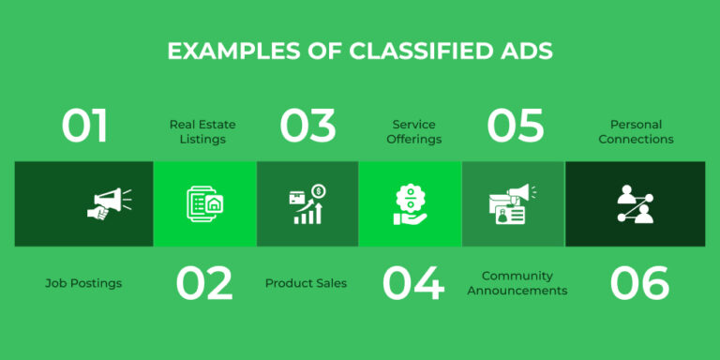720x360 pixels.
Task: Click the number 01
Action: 85,127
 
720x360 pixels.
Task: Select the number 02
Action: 203,283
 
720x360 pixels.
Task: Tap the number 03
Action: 308,127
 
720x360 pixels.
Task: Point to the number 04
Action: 413,283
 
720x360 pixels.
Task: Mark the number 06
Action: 640,283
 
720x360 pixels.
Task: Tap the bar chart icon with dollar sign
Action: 308,204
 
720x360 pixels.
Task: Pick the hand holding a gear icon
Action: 411,204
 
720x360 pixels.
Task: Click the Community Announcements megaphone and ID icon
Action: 513,204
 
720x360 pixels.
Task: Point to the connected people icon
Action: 635,204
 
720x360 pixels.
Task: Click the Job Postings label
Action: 83,283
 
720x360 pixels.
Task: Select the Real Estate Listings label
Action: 202,131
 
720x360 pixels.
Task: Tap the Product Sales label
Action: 306,283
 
